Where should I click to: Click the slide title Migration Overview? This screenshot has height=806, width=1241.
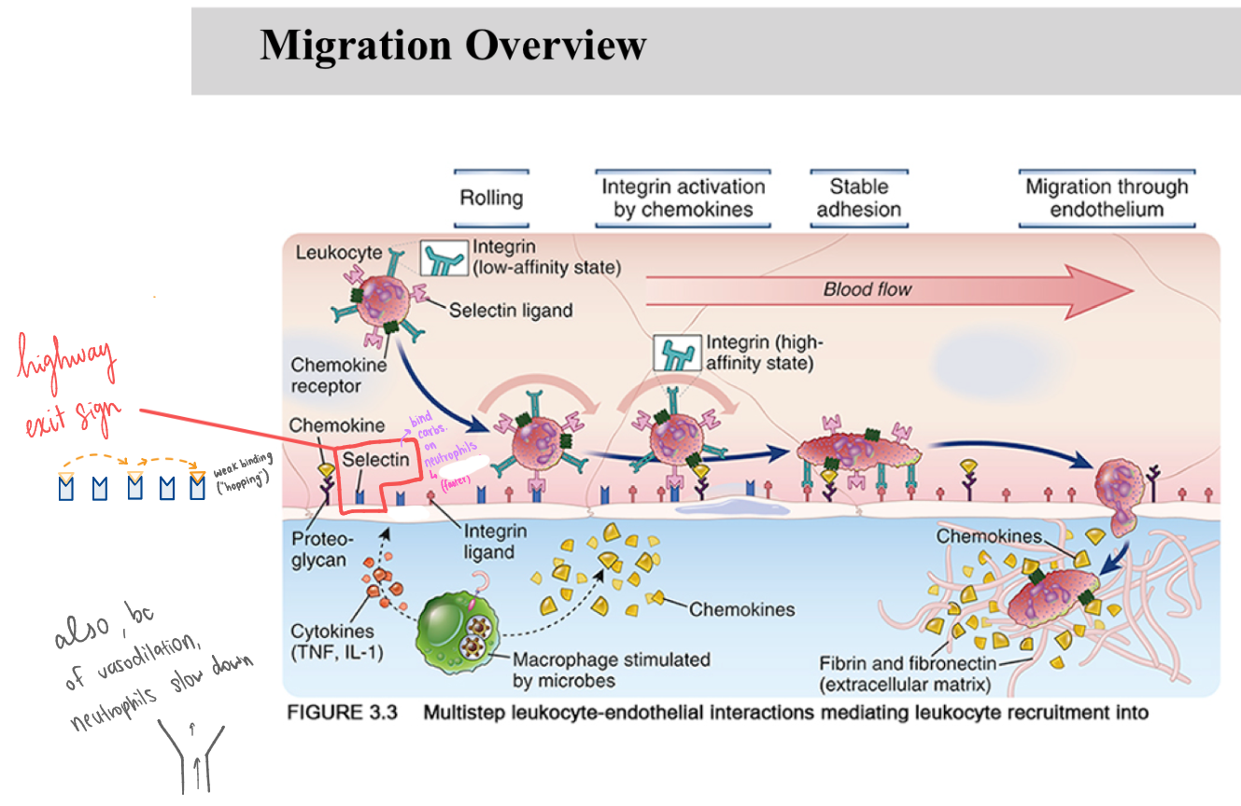453,45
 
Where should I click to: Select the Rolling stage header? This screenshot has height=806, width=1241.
491,198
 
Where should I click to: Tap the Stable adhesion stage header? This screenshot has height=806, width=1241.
858,198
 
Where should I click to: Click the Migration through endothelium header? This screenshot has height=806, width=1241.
1107,198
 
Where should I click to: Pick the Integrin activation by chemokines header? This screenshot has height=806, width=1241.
683,198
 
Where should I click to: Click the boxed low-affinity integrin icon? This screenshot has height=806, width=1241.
443,257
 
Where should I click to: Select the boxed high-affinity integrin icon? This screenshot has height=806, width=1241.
677,353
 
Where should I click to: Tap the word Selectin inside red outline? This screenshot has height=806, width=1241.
374,460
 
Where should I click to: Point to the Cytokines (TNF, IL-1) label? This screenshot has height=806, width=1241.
336,642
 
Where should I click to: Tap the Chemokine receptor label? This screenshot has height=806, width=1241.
326,375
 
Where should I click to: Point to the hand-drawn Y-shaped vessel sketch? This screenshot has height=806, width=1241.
193,755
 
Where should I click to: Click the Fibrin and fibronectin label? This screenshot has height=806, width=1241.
907,674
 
